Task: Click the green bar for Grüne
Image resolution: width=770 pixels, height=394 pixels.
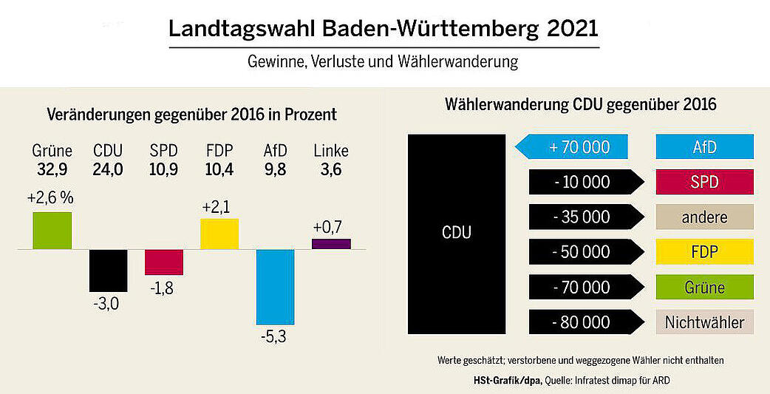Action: pyautogui.click(x=52, y=231)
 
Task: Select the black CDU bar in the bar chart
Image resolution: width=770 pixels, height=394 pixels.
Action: pyautogui.click(x=108, y=270)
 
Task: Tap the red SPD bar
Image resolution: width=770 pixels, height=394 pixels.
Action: pyautogui.click(x=163, y=262)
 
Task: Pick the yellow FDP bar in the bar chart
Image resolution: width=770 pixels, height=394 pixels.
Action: pyautogui.click(x=219, y=234)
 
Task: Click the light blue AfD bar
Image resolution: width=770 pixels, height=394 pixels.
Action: pyautogui.click(x=275, y=287)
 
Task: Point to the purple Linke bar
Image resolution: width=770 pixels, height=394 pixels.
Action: pyautogui.click(x=331, y=244)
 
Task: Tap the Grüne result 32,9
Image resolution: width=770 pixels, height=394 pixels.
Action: pyautogui.click(x=52, y=169)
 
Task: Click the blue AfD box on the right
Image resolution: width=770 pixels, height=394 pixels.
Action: pyautogui.click(x=704, y=147)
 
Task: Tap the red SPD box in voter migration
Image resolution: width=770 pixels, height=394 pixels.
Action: pyautogui.click(x=704, y=182)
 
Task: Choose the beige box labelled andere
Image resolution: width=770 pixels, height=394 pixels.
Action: pyautogui.click(x=704, y=217)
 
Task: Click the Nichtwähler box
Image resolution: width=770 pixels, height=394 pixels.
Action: pyautogui.click(x=704, y=322)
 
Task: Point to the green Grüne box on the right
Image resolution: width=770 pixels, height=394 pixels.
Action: pyautogui.click(x=704, y=288)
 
